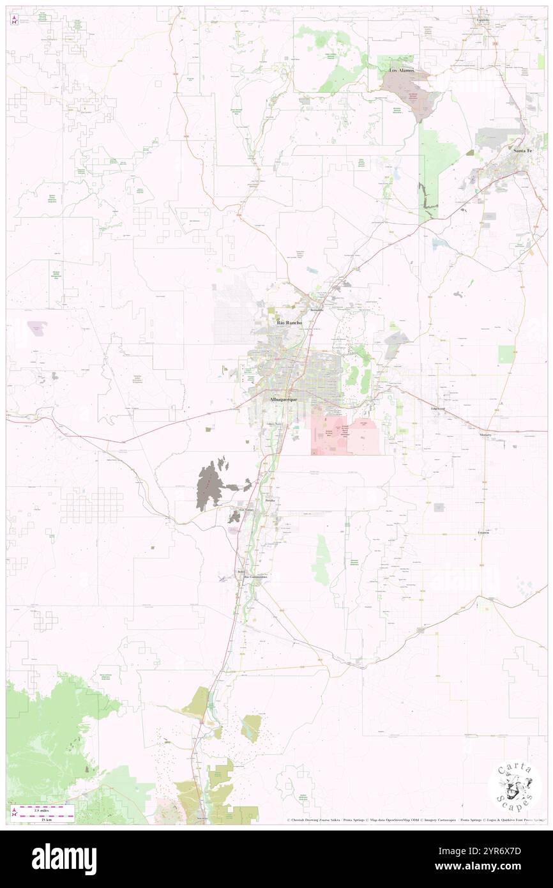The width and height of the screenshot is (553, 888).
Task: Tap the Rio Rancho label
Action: (x=289, y=323)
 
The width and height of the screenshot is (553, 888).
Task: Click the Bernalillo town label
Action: (x=317, y=310)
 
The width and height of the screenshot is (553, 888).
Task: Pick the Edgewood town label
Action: (x=438, y=408)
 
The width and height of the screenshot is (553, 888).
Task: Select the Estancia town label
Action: (x=483, y=532)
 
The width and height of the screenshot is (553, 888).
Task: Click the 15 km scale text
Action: (x=43, y=820)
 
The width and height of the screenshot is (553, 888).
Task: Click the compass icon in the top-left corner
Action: (x=14, y=19)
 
